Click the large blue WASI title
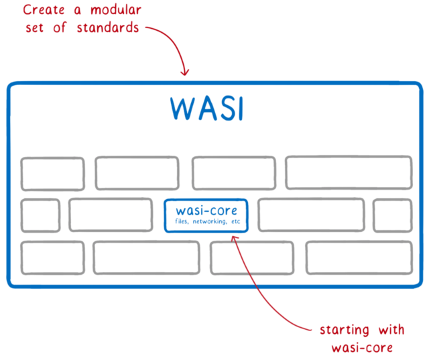point(205,109)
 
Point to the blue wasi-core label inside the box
point(206,210)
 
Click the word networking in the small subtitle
point(209,221)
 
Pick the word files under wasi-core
point(181,221)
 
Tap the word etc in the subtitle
point(235,221)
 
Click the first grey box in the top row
point(52,174)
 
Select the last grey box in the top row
point(349,173)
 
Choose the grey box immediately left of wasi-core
point(110,215)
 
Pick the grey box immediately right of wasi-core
point(311,215)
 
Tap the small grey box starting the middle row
point(40,215)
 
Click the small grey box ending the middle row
point(392,215)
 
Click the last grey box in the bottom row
point(359,257)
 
